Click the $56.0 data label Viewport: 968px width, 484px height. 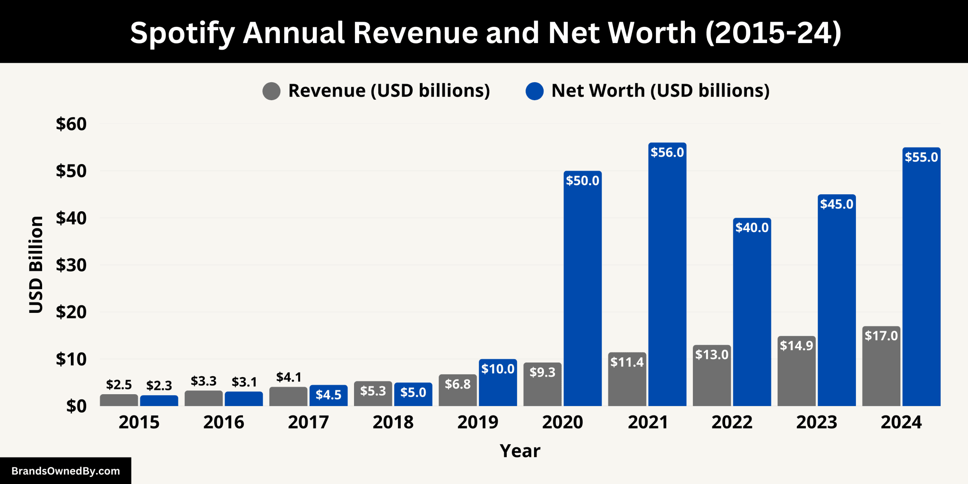(x=667, y=152)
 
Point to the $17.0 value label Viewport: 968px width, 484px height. (x=881, y=336)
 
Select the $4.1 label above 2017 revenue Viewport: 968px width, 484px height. (x=289, y=377)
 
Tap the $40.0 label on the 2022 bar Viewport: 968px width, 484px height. (x=752, y=227)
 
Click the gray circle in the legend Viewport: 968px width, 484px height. (x=271, y=91)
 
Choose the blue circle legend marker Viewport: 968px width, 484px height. (x=535, y=91)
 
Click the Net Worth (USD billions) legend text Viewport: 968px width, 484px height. (x=660, y=90)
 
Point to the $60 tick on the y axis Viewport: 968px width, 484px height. (x=71, y=124)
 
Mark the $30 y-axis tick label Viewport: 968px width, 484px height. (x=71, y=265)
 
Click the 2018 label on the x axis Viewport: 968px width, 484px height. (x=393, y=422)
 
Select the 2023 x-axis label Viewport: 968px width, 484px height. (x=816, y=422)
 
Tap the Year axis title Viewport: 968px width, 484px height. (x=520, y=451)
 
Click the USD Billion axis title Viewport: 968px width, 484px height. (x=36, y=265)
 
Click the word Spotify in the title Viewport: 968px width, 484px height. (x=182, y=33)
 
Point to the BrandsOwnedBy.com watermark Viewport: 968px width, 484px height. (x=66, y=471)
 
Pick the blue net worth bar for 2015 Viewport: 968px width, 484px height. (x=159, y=401)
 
